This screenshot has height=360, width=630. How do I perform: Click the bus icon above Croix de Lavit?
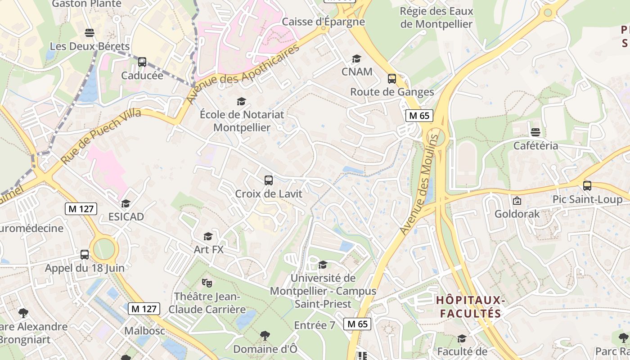coord(269,180)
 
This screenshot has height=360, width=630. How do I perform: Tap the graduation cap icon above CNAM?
coord(356,58)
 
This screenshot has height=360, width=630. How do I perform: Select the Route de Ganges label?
coord(392,92)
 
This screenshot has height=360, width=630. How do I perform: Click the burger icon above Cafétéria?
coord(535,132)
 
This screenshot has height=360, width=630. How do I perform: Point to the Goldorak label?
coord(517,214)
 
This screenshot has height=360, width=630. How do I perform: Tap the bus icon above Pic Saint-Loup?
coord(587,185)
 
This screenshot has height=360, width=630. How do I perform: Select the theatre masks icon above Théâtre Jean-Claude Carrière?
coord(207,283)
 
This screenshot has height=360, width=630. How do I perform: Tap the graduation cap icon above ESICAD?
coord(126,203)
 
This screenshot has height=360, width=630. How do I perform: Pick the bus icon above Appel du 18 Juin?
coord(85,255)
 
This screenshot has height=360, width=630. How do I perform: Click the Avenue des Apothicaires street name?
coord(243,74)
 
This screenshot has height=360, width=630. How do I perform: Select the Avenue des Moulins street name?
coord(419,184)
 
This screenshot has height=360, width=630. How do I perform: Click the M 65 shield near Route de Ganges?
coord(419,116)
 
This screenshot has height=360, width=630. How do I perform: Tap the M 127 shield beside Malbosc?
coord(144,309)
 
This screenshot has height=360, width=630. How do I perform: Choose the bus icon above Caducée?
coord(142,62)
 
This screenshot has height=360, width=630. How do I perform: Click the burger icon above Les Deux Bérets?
coord(90,33)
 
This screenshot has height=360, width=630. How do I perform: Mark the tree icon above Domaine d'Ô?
coord(265,335)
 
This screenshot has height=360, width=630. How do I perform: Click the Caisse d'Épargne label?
coord(323,21)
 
